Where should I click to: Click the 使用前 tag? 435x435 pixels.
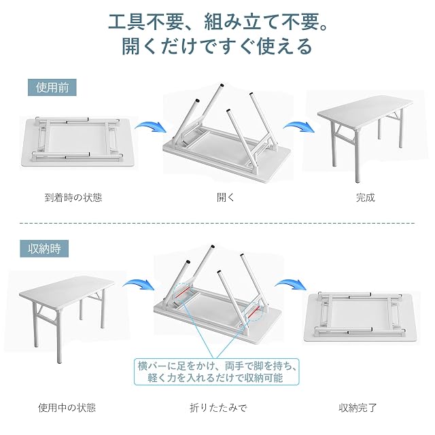[x=52, y=88]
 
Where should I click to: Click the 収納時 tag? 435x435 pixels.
[x=44, y=249]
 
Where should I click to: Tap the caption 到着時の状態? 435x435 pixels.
[x=73, y=198]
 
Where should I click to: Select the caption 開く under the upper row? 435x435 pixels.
[x=226, y=198]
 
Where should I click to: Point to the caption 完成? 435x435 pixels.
[x=366, y=198]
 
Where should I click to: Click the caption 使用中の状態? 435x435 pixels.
[x=67, y=408]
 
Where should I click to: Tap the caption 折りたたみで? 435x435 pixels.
[x=218, y=408]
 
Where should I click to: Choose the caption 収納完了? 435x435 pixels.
[x=358, y=408]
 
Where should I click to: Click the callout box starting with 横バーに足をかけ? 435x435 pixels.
[x=217, y=372]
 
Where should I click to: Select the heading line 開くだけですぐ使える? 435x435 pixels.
[x=217, y=46]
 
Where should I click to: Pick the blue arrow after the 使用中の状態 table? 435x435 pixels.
[x=139, y=283]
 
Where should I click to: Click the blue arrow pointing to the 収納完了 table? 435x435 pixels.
[x=291, y=283]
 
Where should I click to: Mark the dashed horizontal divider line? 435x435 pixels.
[x=217, y=223]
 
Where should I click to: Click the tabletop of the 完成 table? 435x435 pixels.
[x=365, y=109]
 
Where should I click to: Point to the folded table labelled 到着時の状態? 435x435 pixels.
[x=77, y=142]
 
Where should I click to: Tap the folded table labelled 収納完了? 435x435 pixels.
[x=361, y=317]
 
